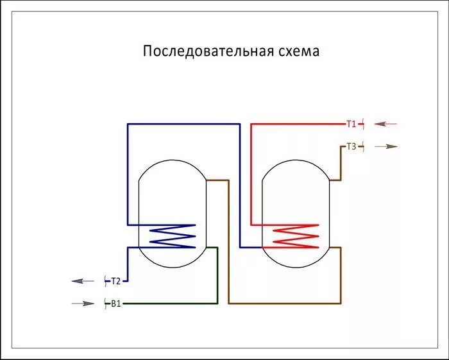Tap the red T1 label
351,124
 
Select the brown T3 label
351,147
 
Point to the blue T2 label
116,281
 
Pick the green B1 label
116,304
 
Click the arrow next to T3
386,147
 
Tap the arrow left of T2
82,281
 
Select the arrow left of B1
82,304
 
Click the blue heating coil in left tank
172,236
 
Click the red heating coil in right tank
295,236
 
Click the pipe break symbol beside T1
363,124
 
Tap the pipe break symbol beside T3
363,147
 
